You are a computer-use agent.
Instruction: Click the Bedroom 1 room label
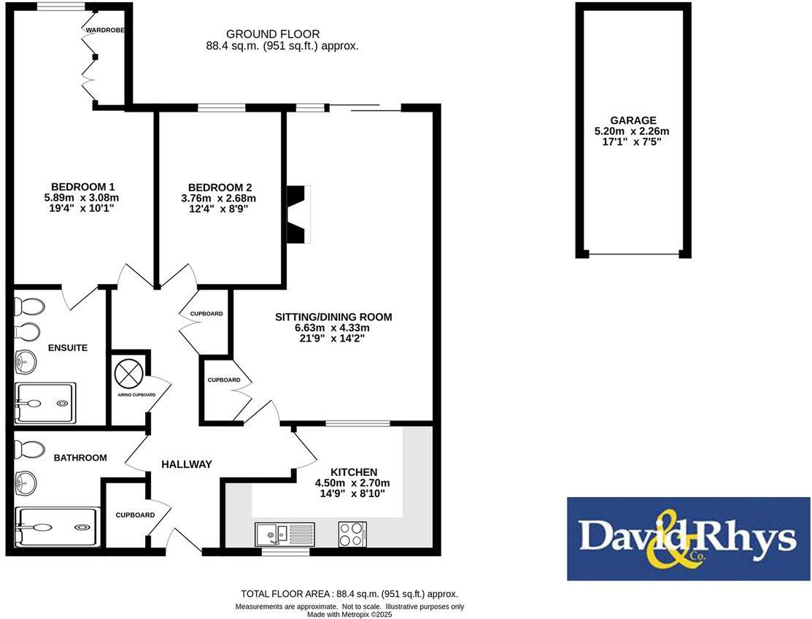[82, 186]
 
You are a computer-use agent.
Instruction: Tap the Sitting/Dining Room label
[333, 317]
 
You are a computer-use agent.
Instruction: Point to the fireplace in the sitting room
[298, 214]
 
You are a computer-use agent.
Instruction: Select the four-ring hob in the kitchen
[352, 534]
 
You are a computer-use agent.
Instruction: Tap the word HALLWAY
[186, 464]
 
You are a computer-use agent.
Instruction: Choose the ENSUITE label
[68, 347]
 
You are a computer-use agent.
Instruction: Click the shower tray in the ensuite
[45, 402]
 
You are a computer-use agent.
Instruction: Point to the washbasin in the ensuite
[26, 360]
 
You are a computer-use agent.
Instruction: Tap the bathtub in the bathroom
[56, 526]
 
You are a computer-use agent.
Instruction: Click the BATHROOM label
[80, 458]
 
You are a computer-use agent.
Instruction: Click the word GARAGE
[633, 120]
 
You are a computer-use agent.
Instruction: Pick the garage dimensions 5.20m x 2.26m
[632, 131]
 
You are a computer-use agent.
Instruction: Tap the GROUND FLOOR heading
[272, 34]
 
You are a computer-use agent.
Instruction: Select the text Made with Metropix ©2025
[349, 614]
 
